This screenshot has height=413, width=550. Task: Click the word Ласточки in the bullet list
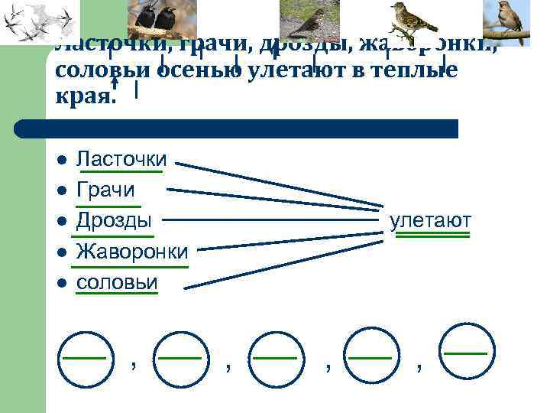pos(122,159)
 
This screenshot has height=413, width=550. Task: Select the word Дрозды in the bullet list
pos(114,220)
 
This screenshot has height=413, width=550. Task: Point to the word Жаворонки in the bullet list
pos(132,252)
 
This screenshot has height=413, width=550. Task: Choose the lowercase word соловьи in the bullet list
pos(117,282)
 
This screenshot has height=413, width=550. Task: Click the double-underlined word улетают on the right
pos(430,221)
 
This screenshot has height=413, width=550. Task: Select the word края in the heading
pos(85,97)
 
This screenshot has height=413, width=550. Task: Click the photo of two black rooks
pos(163,16)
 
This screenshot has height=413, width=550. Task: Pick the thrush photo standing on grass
pos(310,18)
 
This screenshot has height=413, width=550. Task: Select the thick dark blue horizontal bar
pos(237,128)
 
